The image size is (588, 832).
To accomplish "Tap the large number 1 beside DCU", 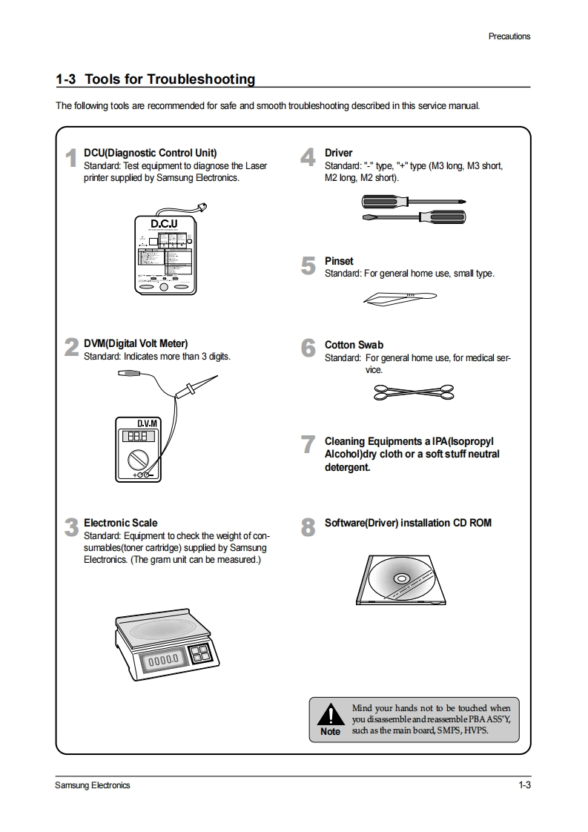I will click(x=71, y=159).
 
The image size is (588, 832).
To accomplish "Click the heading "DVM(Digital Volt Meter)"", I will click(x=136, y=343).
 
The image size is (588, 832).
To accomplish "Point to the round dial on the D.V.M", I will click(x=138, y=458).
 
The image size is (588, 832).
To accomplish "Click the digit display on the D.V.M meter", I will click(x=139, y=437).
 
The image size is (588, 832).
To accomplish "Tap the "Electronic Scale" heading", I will click(x=120, y=523).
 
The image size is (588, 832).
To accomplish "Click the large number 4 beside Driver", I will click(x=308, y=159).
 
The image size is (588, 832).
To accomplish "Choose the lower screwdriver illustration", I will click(x=414, y=217).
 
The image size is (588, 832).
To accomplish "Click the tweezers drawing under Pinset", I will click(x=400, y=298).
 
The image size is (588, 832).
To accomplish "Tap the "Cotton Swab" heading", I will click(x=354, y=345).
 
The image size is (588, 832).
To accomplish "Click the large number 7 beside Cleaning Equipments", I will click(x=308, y=445).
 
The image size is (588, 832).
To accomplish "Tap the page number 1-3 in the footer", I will click(x=524, y=785).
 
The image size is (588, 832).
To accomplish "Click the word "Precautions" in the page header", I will click(x=509, y=36).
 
